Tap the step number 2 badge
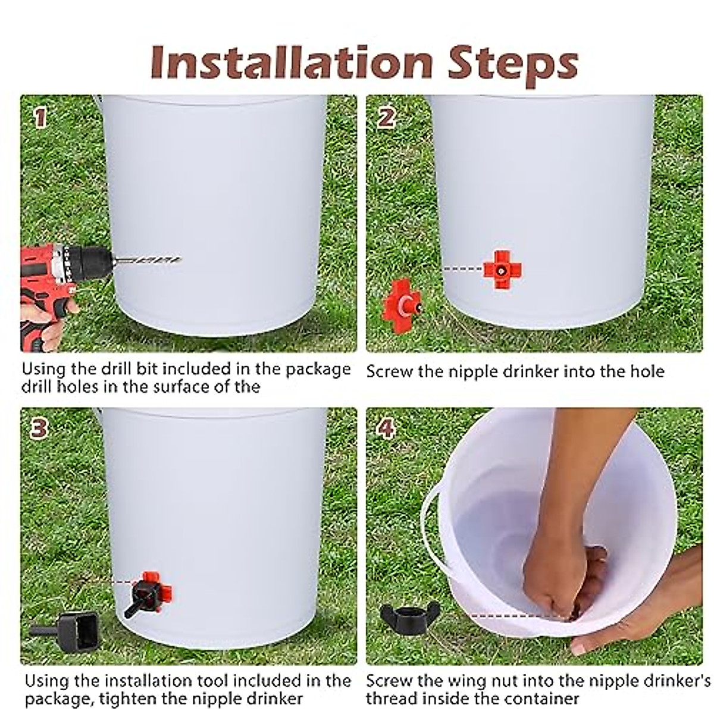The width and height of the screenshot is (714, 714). pos(386,118)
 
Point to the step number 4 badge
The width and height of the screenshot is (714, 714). pos(386,428)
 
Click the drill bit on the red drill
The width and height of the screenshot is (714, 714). pos(148,261)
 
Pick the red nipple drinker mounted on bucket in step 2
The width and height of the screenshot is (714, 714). pos(502,270)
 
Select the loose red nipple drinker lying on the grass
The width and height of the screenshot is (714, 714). pos(401,305)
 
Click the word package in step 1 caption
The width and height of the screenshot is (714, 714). pos(318,369)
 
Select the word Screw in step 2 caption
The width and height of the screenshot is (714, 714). pos(389,371)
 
